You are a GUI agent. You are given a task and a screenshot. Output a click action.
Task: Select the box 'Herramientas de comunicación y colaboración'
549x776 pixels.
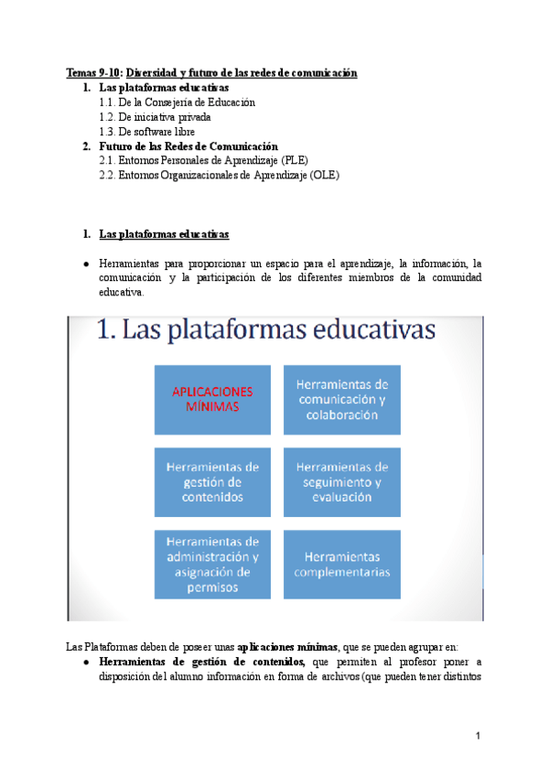pyautogui.click(x=343, y=399)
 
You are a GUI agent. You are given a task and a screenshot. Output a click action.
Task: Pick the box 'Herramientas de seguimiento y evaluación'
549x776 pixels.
pyautogui.click(x=343, y=481)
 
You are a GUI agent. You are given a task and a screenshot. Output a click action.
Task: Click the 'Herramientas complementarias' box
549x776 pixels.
pyautogui.click(x=343, y=564)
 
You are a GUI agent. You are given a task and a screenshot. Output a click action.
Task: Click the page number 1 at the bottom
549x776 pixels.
pyautogui.click(x=478, y=736)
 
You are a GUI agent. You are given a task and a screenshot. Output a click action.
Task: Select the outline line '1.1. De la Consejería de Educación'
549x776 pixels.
pyautogui.click(x=177, y=102)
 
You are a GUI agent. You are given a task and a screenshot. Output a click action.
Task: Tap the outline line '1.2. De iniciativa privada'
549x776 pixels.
pyautogui.click(x=155, y=117)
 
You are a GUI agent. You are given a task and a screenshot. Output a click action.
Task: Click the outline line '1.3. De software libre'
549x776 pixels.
pyautogui.click(x=146, y=132)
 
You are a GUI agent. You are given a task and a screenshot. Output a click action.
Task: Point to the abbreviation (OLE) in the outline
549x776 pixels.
pyautogui.click(x=324, y=176)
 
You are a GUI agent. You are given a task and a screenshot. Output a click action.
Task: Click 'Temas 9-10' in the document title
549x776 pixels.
pyautogui.click(x=92, y=73)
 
